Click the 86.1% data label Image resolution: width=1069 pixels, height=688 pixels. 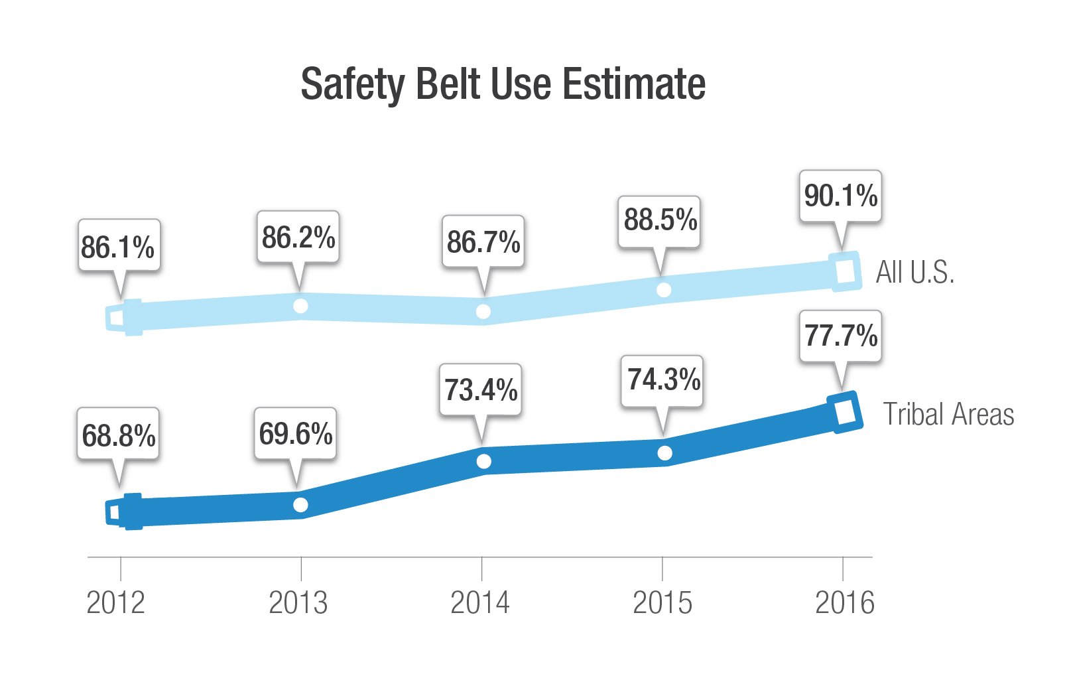(x=119, y=247)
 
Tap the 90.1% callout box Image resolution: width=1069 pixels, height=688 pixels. (x=840, y=196)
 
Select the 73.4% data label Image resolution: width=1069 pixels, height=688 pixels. (x=481, y=390)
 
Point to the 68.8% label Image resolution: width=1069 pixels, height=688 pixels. (x=119, y=435)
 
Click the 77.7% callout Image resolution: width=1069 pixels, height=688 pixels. (x=840, y=336)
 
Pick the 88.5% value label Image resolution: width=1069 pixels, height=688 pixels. (x=660, y=220)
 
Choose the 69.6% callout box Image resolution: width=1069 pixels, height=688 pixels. (x=296, y=434)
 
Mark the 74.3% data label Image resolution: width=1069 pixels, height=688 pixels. (x=662, y=379)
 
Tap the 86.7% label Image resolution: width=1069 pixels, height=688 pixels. (x=483, y=241)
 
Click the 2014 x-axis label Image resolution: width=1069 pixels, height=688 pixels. (x=480, y=602)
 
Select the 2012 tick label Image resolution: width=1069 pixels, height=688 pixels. (x=116, y=602)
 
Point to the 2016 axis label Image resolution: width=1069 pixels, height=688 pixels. (x=844, y=602)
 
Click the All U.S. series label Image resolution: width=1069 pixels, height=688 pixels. (x=914, y=272)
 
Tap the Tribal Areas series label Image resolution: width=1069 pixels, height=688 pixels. (x=948, y=415)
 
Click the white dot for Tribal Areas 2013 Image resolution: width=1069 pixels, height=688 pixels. (x=300, y=505)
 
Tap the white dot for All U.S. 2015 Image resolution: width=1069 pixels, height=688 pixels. (x=663, y=290)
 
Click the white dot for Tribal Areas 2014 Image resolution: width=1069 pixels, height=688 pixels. (x=483, y=461)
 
